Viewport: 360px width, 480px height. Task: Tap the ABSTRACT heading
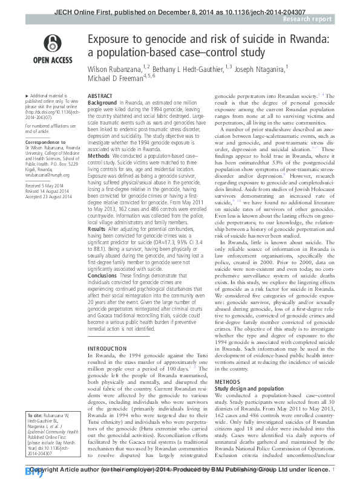coord(100,97)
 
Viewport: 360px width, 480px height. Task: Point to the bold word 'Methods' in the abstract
coord(99,155)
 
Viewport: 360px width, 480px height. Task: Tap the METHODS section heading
coord(229,366)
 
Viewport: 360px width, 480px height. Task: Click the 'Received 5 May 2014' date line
coord(43,187)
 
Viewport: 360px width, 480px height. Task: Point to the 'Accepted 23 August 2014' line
coord(46,198)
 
